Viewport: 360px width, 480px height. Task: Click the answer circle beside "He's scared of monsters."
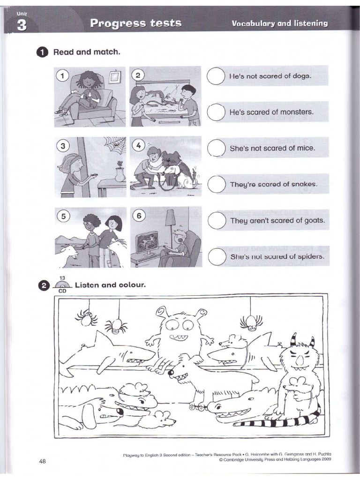[x=216, y=112]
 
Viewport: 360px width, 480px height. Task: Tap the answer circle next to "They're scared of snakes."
[x=216, y=184]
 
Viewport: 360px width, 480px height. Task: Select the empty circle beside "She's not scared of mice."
[x=216, y=148]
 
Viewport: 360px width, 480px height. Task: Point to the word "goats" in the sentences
[x=314, y=220]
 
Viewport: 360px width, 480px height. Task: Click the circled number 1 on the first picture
[x=62, y=75]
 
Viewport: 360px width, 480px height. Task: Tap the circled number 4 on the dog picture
[x=138, y=145]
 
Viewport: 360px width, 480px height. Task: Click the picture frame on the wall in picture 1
[x=115, y=76]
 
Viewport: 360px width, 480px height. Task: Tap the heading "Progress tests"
[x=135, y=23]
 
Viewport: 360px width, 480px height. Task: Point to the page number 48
[x=43, y=461]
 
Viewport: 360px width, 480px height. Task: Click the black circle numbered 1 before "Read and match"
[x=43, y=52]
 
